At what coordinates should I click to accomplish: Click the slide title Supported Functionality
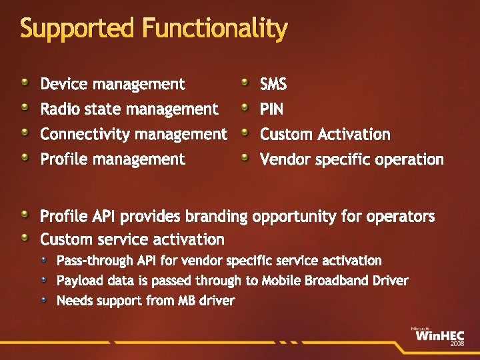tap(154, 28)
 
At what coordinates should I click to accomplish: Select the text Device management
tap(113, 84)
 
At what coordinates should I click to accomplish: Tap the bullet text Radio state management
tap(129, 109)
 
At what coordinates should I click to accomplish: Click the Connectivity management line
tap(133, 134)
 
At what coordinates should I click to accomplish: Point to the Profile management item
tap(113, 159)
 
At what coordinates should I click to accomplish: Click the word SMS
tap(273, 84)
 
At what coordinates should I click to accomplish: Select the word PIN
tap(271, 109)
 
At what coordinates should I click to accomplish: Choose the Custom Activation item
tap(325, 134)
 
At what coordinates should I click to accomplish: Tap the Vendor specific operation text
tap(351, 159)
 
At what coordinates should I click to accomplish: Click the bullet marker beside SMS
tap(245, 82)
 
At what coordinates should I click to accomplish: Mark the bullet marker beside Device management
tap(25, 82)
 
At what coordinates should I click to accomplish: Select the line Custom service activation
tap(132, 239)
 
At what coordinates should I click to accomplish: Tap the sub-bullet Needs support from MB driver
tap(145, 301)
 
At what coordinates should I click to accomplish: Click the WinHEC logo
tap(439, 335)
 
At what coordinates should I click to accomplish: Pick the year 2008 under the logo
tap(457, 344)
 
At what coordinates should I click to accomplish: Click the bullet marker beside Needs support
tap(44, 299)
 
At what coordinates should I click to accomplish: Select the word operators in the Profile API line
tap(403, 217)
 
